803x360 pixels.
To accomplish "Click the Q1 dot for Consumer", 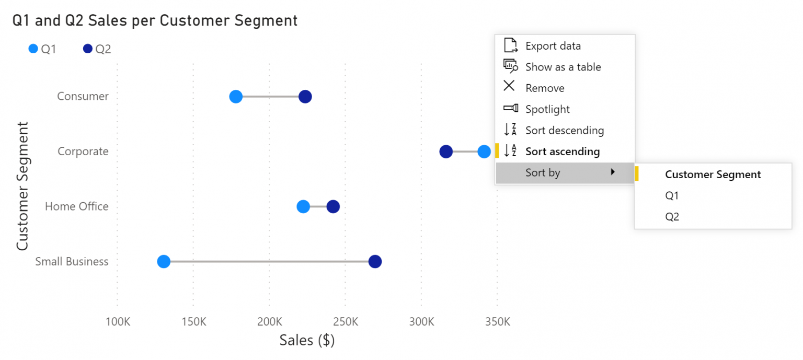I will click(x=236, y=97).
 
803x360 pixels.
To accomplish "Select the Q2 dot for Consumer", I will click(x=305, y=97).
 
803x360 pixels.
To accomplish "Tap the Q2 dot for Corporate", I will click(x=446, y=152).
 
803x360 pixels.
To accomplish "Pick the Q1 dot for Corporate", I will click(x=484, y=152).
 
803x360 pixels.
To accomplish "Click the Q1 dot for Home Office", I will click(x=303, y=207).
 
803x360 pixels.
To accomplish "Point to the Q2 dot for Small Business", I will click(x=375, y=262).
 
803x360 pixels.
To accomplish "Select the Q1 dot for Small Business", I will click(x=164, y=262).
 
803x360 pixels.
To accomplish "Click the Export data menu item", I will click(x=553, y=46).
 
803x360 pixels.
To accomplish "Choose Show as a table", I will click(x=563, y=67).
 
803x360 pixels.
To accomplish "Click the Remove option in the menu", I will click(x=545, y=88).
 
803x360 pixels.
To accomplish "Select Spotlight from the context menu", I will click(x=547, y=109).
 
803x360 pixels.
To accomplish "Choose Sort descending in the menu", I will click(x=564, y=131).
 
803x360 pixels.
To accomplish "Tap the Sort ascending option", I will click(x=562, y=152).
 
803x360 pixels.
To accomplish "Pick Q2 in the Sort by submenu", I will click(x=672, y=217).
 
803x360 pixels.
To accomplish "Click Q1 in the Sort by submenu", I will click(x=672, y=195).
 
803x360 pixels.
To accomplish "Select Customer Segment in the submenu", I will click(x=713, y=175).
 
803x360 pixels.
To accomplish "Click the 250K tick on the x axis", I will click(x=345, y=321).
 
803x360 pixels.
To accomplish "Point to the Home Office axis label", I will click(x=76, y=206).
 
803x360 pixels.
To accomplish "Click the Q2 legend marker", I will click(x=88, y=49).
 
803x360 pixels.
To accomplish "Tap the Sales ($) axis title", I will click(x=307, y=340).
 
